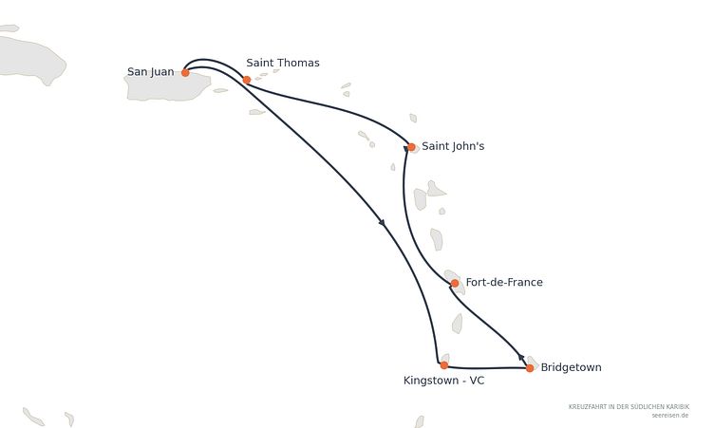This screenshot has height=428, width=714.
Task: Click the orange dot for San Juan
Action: pyautogui.click(x=185, y=72)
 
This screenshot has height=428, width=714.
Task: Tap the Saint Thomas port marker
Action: pyautogui.click(x=247, y=80)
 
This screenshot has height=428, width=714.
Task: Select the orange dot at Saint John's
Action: pyautogui.click(x=411, y=147)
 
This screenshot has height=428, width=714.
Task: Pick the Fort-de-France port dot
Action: pyautogui.click(x=455, y=283)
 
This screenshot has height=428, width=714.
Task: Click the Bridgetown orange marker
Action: pyautogui.click(x=530, y=368)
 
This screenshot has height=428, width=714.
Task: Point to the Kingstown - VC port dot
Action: pyautogui.click(x=444, y=365)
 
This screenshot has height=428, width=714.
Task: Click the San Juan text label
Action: pyautogui.click(x=150, y=72)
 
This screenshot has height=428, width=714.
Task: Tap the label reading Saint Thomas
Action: pyautogui.click(x=283, y=63)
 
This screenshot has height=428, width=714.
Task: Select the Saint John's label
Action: pyautogui.click(x=453, y=146)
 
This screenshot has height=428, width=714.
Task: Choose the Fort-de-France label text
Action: pyautogui.click(x=504, y=282)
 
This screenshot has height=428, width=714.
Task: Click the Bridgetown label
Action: pyautogui.click(x=571, y=367)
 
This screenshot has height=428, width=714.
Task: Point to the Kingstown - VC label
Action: pyautogui.click(x=444, y=381)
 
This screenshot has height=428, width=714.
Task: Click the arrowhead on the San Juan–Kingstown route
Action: pyautogui.click(x=382, y=222)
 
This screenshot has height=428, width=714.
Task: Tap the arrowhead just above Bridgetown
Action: pyautogui.click(x=521, y=357)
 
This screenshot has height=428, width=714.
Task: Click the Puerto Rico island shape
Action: pyautogui.click(x=167, y=86)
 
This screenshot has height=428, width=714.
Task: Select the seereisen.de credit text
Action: pyautogui.click(x=669, y=416)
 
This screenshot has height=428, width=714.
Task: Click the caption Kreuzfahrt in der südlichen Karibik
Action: pyautogui.click(x=629, y=406)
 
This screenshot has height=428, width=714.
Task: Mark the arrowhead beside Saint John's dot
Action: pyautogui.click(x=405, y=148)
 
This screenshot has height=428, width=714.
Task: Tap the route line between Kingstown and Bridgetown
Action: pyautogui.click(x=487, y=367)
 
